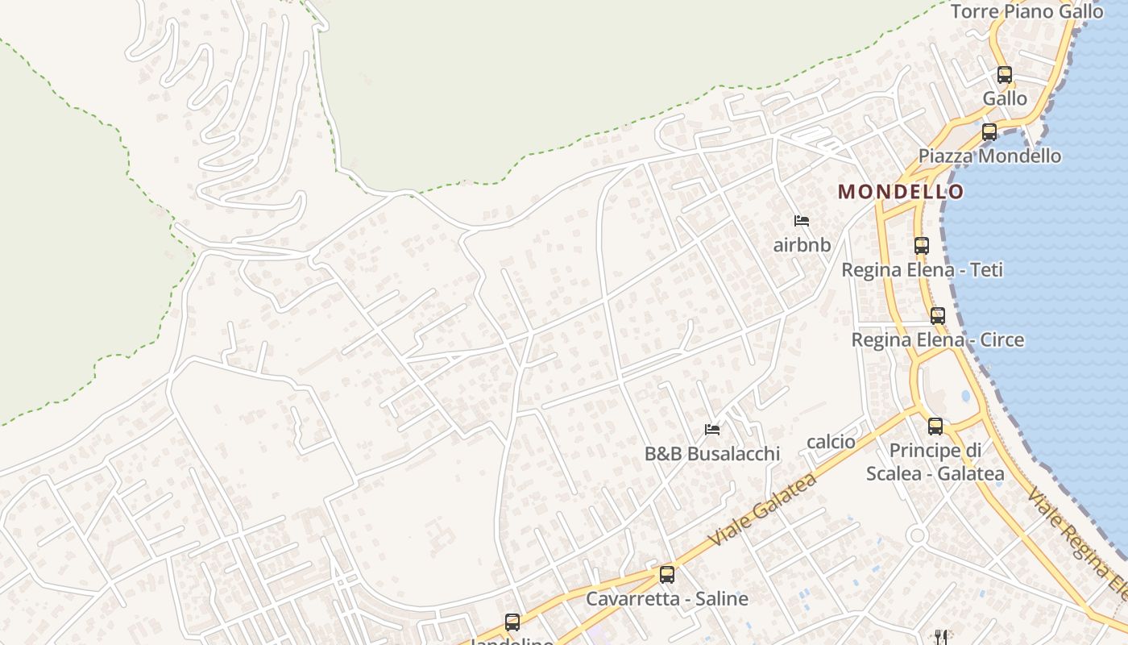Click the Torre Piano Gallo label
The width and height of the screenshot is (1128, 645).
tap(1026, 11)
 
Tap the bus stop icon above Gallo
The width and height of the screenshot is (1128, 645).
tap(1004, 75)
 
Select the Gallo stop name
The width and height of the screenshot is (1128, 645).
tap(1005, 98)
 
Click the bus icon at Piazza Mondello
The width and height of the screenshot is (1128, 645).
tap(989, 132)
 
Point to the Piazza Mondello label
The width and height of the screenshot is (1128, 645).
tap(989, 156)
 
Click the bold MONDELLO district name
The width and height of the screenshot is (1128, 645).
tap(901, 192)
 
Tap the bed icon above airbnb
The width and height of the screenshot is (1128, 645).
tap(801, 221)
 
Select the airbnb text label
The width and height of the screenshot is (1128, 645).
tap(802, 245)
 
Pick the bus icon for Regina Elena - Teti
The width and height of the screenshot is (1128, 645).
tap(922, 246)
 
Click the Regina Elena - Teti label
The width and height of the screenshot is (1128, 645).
tap(922, 269)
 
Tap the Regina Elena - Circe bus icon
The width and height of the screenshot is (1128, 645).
tap(938, 316)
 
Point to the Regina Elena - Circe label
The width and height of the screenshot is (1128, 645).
tap(938, 339)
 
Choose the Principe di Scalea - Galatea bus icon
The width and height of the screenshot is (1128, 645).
tap(935, 427)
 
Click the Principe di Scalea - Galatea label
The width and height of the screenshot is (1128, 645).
tap(935, 462)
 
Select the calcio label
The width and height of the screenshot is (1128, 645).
tap(831, 442)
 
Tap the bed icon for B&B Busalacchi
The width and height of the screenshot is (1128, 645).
tap(712, 430)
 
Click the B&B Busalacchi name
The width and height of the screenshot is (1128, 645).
tap(712, 454)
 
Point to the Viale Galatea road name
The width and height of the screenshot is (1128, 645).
tap(762, 510)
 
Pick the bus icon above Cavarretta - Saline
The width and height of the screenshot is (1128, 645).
tap(667, 575)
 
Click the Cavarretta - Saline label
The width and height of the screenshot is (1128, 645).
tap(667, 599)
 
